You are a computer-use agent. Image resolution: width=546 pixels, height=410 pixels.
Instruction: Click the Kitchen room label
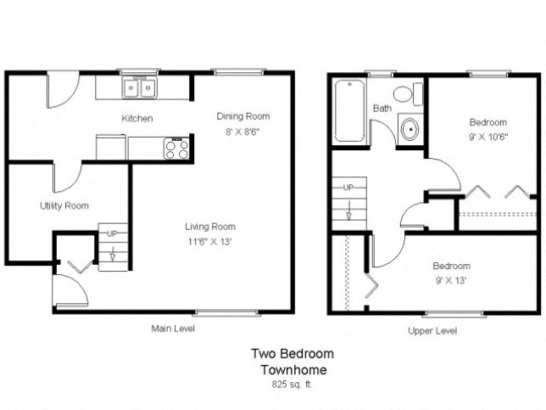click(x=137, y=118)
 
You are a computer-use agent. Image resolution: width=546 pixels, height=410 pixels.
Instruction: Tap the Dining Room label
click(x=242, y=116)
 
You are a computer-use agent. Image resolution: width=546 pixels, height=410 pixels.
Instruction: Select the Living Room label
click(x=210, y=227)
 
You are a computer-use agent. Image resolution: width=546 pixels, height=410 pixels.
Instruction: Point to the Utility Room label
click(x=64, y=206)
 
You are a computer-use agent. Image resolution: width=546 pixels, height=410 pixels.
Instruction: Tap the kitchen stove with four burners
click(x=176, y=149)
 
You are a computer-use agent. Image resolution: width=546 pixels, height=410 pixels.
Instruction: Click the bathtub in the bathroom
click(x=349, y=111)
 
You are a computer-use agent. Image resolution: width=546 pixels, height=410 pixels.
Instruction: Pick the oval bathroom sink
click(x=409, y=130)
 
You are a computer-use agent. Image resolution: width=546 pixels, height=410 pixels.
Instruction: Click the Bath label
click(x=382, y=108)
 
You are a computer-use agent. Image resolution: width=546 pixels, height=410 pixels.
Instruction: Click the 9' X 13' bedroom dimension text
click(x=450, y=279)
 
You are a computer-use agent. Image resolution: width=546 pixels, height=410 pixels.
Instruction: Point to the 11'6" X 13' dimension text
click(x=210, y=241)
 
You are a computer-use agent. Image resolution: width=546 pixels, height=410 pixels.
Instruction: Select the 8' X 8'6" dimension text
click(x=242, y=131)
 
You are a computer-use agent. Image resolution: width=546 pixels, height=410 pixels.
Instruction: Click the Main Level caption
click(x=172, y=329)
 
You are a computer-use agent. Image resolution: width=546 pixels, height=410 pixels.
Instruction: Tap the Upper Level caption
click(x=432, y=331)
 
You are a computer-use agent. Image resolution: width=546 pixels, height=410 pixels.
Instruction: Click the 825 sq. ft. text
click(x=292, y=384)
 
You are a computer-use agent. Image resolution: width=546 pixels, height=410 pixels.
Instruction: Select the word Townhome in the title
click(x=292, y=369)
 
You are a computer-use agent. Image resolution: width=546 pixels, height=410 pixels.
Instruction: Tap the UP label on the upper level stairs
click(x=348, y=188)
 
